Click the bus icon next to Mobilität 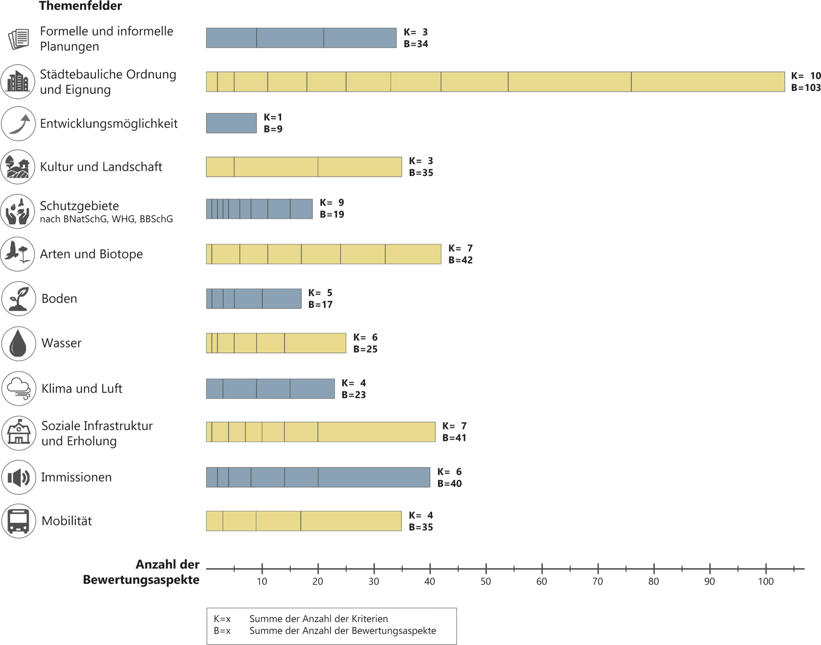point(19,521)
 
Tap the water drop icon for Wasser point(19,343)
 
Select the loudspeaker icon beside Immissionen point(19,477)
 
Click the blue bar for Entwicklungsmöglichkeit point(231,123)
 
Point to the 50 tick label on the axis point(486,581)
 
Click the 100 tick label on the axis point(766,581)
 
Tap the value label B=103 point(806,88)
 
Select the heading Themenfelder point(80,6)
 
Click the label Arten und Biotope point(91,254)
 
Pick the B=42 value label point(460,260)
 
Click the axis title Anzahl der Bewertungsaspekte point(141,572)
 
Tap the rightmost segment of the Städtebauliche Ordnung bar point(708,82)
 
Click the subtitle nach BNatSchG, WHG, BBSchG point(106,219)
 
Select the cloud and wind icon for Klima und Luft point(19,389)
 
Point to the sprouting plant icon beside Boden point(19,299)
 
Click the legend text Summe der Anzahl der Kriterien point(319,619)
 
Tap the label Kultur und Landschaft point(101,167)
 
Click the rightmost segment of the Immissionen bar point(374,477)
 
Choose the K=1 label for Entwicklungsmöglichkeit point(273,117)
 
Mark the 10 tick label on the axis point(262,581)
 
